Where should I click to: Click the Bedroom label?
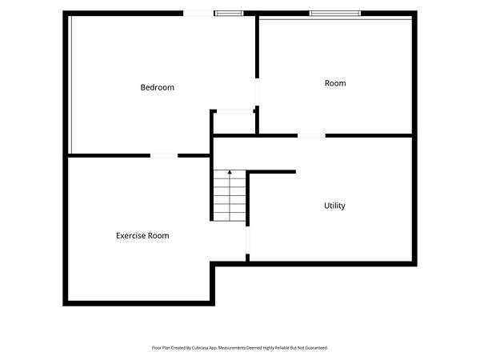click(x=158, y=87)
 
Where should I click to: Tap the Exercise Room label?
click(x=142, y=236)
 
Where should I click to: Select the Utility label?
click(x=334, y=206)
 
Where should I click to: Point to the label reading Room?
click(x=335, y=83)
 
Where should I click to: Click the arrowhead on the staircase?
click(x=230, y=172)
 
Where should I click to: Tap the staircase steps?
click(x=230, y=195)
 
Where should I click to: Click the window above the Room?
click(x=335, y=14)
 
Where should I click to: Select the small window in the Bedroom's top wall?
click(x=229, y=14)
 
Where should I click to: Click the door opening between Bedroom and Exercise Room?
click(x=164, y=156)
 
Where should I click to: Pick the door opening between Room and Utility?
click(x=311, y=136)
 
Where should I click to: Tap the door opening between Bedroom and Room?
click(x=257, y=92)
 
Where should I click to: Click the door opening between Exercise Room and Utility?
click(x=248, y=240)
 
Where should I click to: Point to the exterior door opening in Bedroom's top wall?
click(x=198, y=14)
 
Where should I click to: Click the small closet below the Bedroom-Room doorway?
click(x=234, y=123)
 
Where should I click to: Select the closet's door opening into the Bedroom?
click(x=234, y=111)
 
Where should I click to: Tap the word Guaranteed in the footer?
click(x=318, y=348)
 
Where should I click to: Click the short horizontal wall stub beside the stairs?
click(x=271, y=172)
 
